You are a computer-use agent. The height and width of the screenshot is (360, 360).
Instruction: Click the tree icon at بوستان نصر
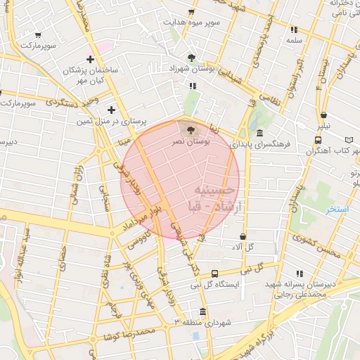tap(192, 129)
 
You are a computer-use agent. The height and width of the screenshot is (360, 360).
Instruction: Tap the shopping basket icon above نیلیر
tap(323, 115)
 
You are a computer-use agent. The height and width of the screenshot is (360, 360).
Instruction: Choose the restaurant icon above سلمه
tap(293, 30)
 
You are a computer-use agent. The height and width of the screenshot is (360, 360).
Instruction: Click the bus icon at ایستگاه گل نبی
tap(214, 274)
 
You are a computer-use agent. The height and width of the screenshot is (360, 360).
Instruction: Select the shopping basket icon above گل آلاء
tap(243, 237)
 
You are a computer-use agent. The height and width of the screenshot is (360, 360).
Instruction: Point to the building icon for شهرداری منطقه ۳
tap(202, 311)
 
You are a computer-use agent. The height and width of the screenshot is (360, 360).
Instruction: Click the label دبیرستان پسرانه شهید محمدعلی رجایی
tap(304, 290)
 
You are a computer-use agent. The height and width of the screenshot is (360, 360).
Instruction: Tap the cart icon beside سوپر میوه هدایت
tap(191, 12)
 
